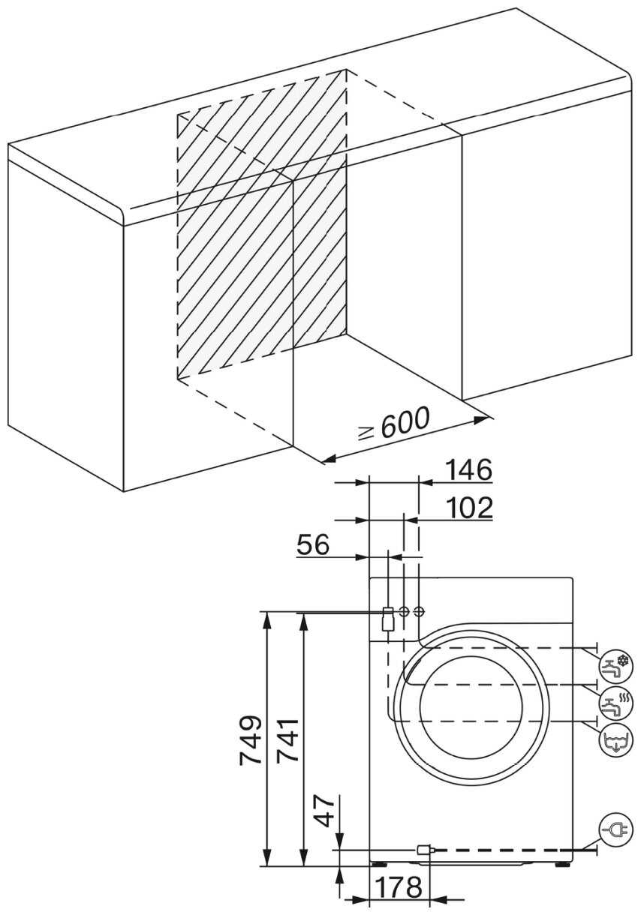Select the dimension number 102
pos(467,508)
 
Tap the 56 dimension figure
pos(312,544)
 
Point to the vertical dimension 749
pos(251,739)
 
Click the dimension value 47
pos(325,810)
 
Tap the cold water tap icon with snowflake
pos(615,664)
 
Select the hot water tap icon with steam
pos(615,703)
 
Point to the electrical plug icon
pos(615,829)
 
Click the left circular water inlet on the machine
pos(404,612)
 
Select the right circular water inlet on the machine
pos(419,612)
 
